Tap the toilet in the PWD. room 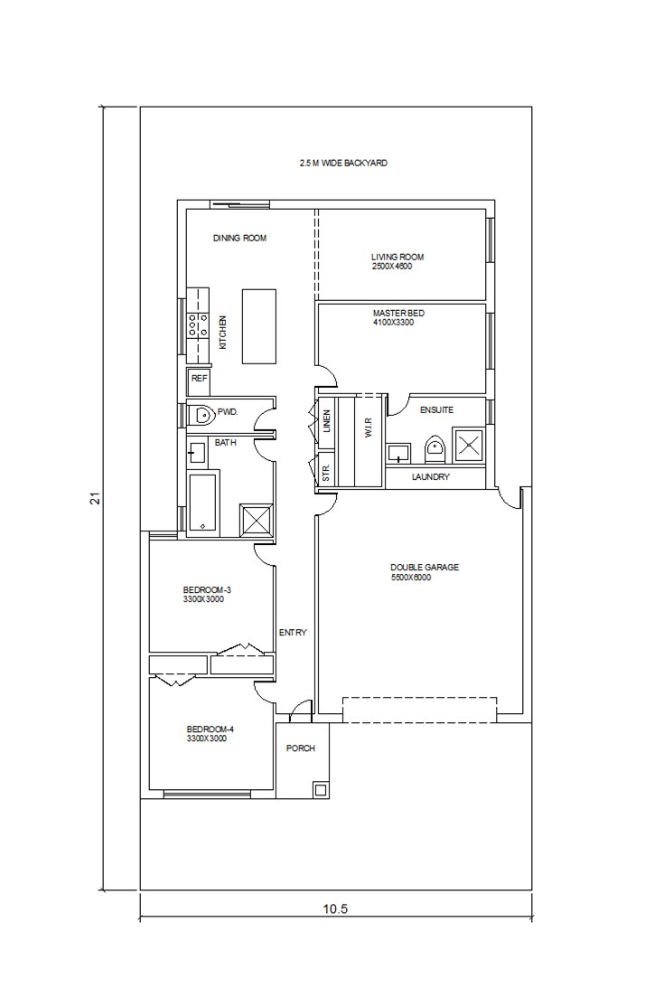201,415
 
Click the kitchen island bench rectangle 259,326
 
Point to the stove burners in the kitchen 198,324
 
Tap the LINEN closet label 327,421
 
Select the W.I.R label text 368,425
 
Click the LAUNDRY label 430,477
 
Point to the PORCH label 301,748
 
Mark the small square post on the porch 321,790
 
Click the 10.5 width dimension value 335,908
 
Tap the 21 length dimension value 96,499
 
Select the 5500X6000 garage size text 411,578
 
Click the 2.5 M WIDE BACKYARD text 344,164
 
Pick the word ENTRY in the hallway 293,633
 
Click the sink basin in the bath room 196,453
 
